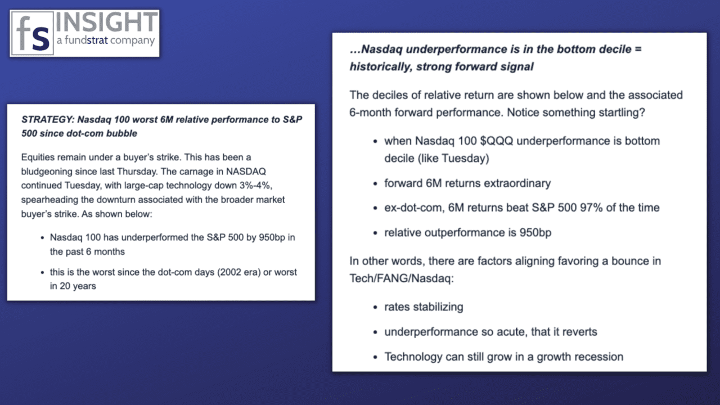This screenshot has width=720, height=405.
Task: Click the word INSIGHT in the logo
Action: [x=106, y=22]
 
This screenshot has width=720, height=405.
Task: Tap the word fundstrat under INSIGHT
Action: [x=86, y=40]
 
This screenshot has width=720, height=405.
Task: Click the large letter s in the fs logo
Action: [x=41, y=37]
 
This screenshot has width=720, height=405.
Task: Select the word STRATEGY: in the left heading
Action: [x=48, y=120]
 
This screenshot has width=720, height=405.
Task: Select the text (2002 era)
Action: [x=239, y=272]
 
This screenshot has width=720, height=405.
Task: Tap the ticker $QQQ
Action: [x=497, y=141]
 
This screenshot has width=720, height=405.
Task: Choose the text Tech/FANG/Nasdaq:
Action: [x=402, y=278]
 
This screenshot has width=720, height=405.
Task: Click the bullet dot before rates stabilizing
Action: [x=375, y=308]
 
